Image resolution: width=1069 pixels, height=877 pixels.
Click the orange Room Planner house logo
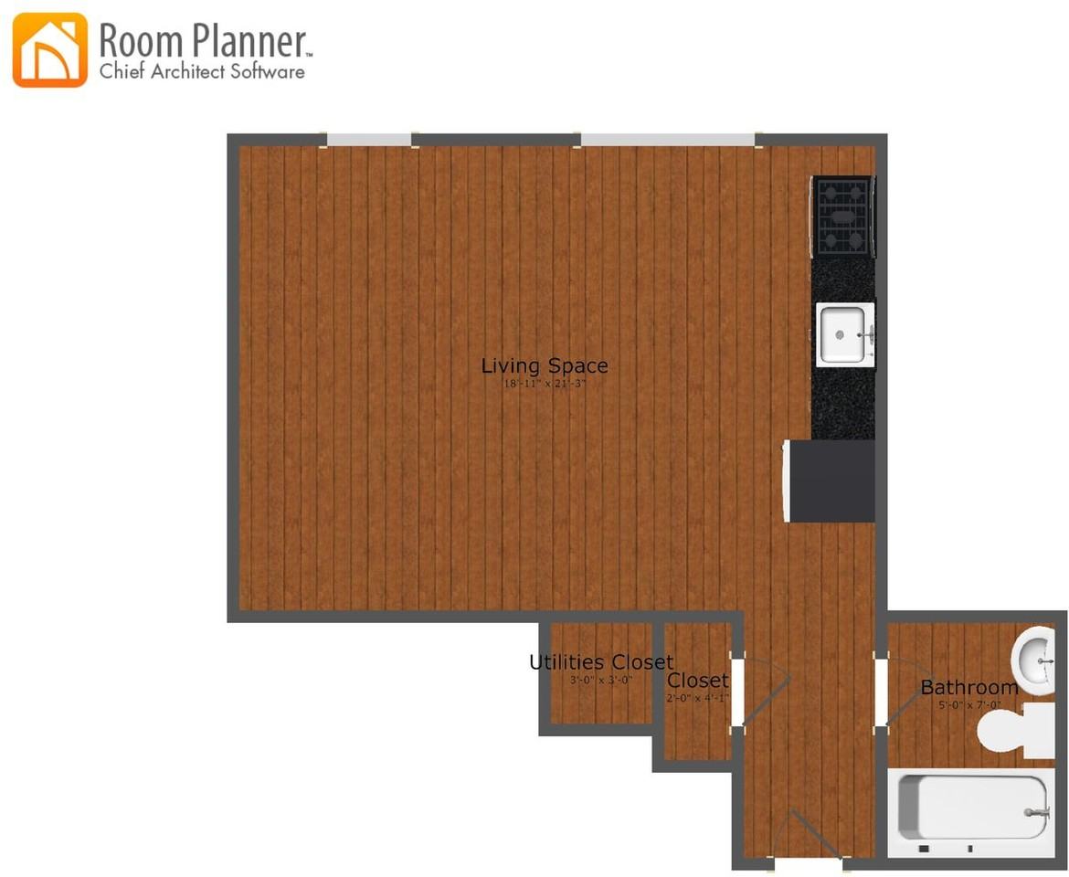click(x=50, y=50)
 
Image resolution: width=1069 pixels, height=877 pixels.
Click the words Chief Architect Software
click(x=202, y=72)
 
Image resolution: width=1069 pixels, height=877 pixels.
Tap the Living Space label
click(x=545, y=366)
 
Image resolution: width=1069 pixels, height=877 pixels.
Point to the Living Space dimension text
click(x=545, y=385)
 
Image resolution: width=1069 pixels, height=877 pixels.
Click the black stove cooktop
click(x=843, y=217)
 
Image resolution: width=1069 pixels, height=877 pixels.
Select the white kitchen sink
click(x=843, y=334)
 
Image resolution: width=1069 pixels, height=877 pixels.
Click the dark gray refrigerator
click(x=831, y=481)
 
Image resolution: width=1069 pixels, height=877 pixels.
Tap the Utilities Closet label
click(x=601, y=662)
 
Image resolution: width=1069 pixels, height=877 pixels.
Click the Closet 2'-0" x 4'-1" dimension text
click(x=697, y=699)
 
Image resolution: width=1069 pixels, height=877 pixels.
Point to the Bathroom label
click(x=968, y=688)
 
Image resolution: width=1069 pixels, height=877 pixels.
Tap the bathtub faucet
click(x=1036, y=811)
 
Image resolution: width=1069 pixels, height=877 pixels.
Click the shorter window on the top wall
click(x=369, y=140)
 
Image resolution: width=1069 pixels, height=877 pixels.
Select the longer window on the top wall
click(x=668, y=140)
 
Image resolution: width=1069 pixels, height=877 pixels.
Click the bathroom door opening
click(x=881, y=692)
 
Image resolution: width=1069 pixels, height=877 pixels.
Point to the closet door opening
click(x=736, y=692)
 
